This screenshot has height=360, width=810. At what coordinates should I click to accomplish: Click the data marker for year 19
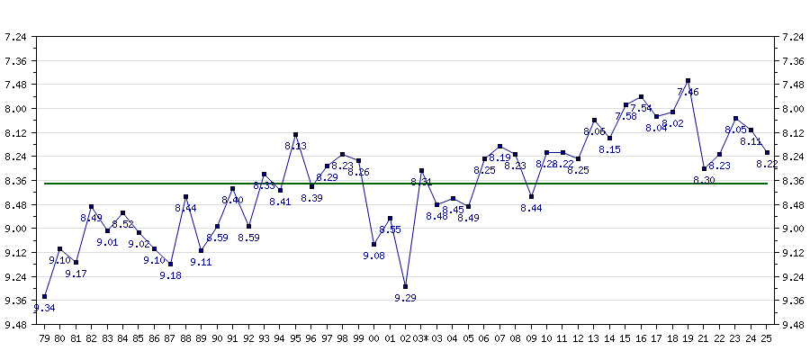tap(688, 81)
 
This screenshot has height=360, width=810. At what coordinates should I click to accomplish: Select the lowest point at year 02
tap(406, 286)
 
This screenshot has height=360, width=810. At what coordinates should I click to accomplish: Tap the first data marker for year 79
tap(44, 296)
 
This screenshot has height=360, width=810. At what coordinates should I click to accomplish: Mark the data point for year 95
tap(296, 135)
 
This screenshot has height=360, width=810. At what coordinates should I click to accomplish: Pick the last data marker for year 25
tap(767, 152)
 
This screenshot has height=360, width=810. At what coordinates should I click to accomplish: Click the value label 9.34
tap(44, 309)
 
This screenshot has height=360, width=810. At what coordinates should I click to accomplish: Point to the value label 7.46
tap(688, 92)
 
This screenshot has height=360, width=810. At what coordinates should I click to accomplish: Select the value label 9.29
tap(405, 298)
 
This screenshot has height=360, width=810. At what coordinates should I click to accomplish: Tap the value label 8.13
tap(295, 146)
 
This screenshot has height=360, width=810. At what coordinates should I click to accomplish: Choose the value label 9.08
tap(373, 256)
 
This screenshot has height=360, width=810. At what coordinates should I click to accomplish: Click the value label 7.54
tap(641, 108)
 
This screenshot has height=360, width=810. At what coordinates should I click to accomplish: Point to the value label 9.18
tap(170, 275)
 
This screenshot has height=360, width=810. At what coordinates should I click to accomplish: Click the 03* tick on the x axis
tap(421, 338)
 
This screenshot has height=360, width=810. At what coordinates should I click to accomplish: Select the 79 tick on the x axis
tap(44, 338)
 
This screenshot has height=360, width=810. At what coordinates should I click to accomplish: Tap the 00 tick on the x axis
tap(374, 338)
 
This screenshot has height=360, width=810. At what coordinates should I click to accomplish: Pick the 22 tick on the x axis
tap(719, 338)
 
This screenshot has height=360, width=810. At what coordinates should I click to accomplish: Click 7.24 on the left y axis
tap(15, 37)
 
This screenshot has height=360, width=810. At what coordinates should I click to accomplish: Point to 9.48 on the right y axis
tap(794, 324)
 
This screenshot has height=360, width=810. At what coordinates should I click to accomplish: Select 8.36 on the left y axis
tap(15, 181)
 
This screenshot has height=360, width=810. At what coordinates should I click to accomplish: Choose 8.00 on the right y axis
tap(794, 109)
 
